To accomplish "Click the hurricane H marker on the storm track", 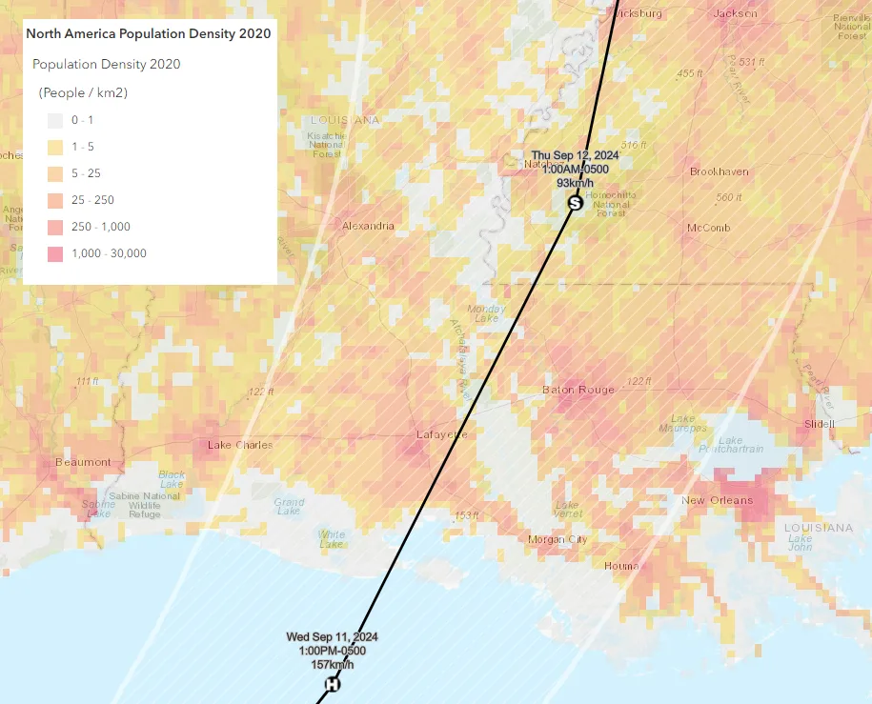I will pos(333,684).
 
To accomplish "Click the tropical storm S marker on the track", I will pos(575,202).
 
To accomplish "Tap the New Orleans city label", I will pos(717,500).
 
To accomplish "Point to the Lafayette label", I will pos(442,434).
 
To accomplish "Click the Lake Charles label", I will pos(240,445).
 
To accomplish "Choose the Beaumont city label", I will pos(82,462).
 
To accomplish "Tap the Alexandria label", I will pos(368,226).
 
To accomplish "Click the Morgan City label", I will pos(558,539).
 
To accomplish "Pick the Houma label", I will pos(622,566).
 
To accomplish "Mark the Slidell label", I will pos(820,423).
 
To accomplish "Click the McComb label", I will pos(708,228).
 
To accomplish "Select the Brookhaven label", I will pos(720,172).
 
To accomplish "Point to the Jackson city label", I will pos(736,13).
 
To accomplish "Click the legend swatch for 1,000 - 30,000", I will pos(55,252).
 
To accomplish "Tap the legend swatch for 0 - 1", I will pos(55,120).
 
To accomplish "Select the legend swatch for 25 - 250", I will pos(55,200).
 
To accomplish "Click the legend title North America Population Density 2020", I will pos(148,33).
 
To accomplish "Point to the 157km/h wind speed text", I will pos(333,664).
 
